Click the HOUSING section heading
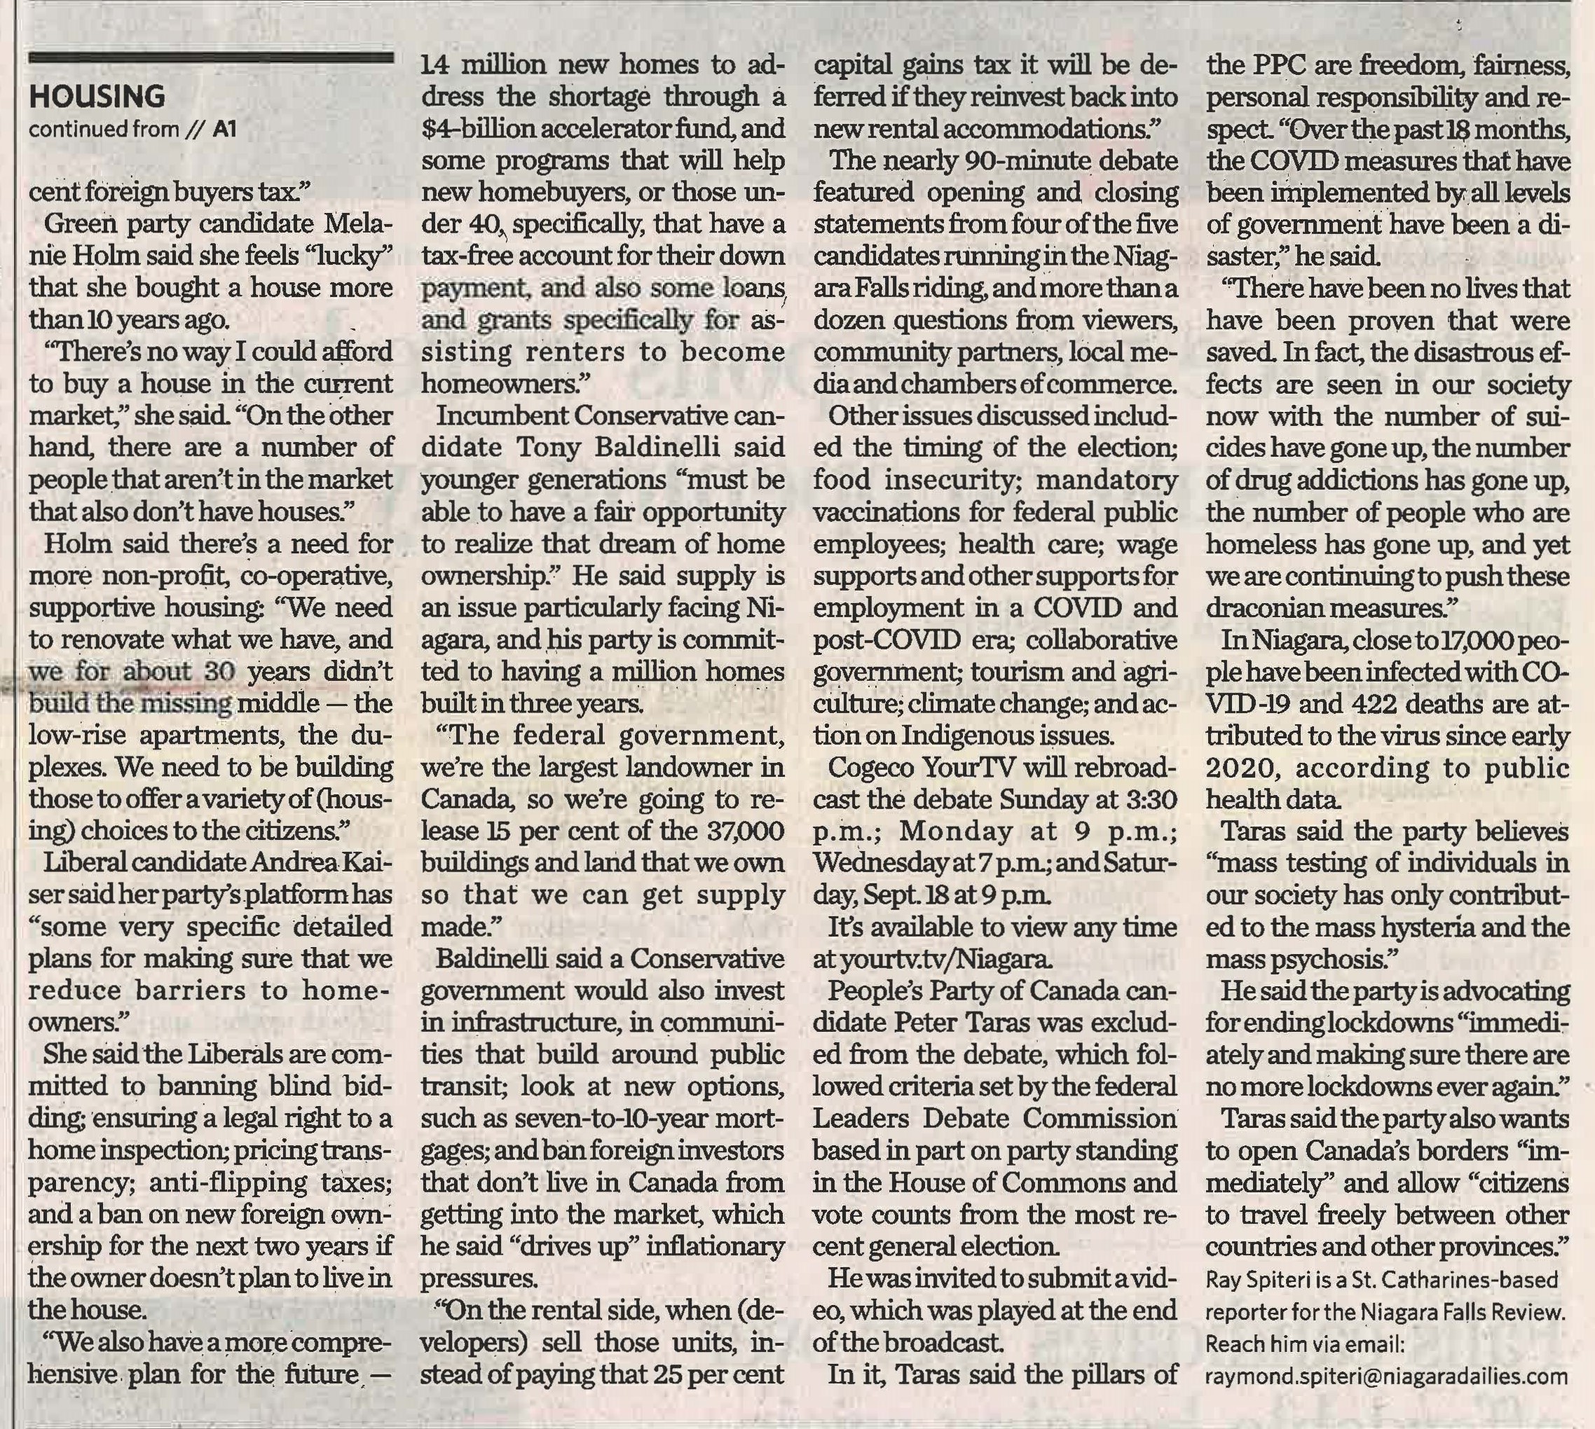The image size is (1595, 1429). coord(97,97)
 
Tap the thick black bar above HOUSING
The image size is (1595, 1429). coord(210,57)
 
